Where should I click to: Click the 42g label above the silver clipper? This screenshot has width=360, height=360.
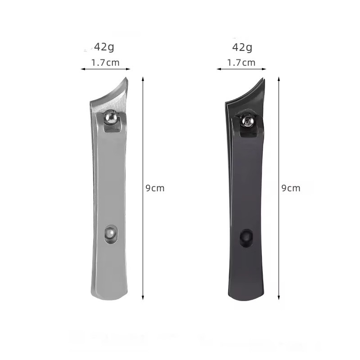click(104, 47)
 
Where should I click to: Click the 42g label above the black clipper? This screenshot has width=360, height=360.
click(242, 48)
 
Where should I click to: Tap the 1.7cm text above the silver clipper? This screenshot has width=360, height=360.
click(105, 63)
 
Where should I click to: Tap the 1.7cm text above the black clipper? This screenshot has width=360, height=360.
click(241, 63)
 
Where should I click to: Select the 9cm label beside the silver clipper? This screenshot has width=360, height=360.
click(155, 188)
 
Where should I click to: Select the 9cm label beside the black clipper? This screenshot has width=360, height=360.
click(291, 188)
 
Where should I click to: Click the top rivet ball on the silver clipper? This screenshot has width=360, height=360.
click(111, 117)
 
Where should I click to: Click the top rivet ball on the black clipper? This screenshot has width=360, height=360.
click(247, 121)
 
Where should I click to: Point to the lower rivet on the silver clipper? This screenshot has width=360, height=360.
click(111, 234)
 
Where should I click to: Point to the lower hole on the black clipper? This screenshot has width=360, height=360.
click(246, 238)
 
